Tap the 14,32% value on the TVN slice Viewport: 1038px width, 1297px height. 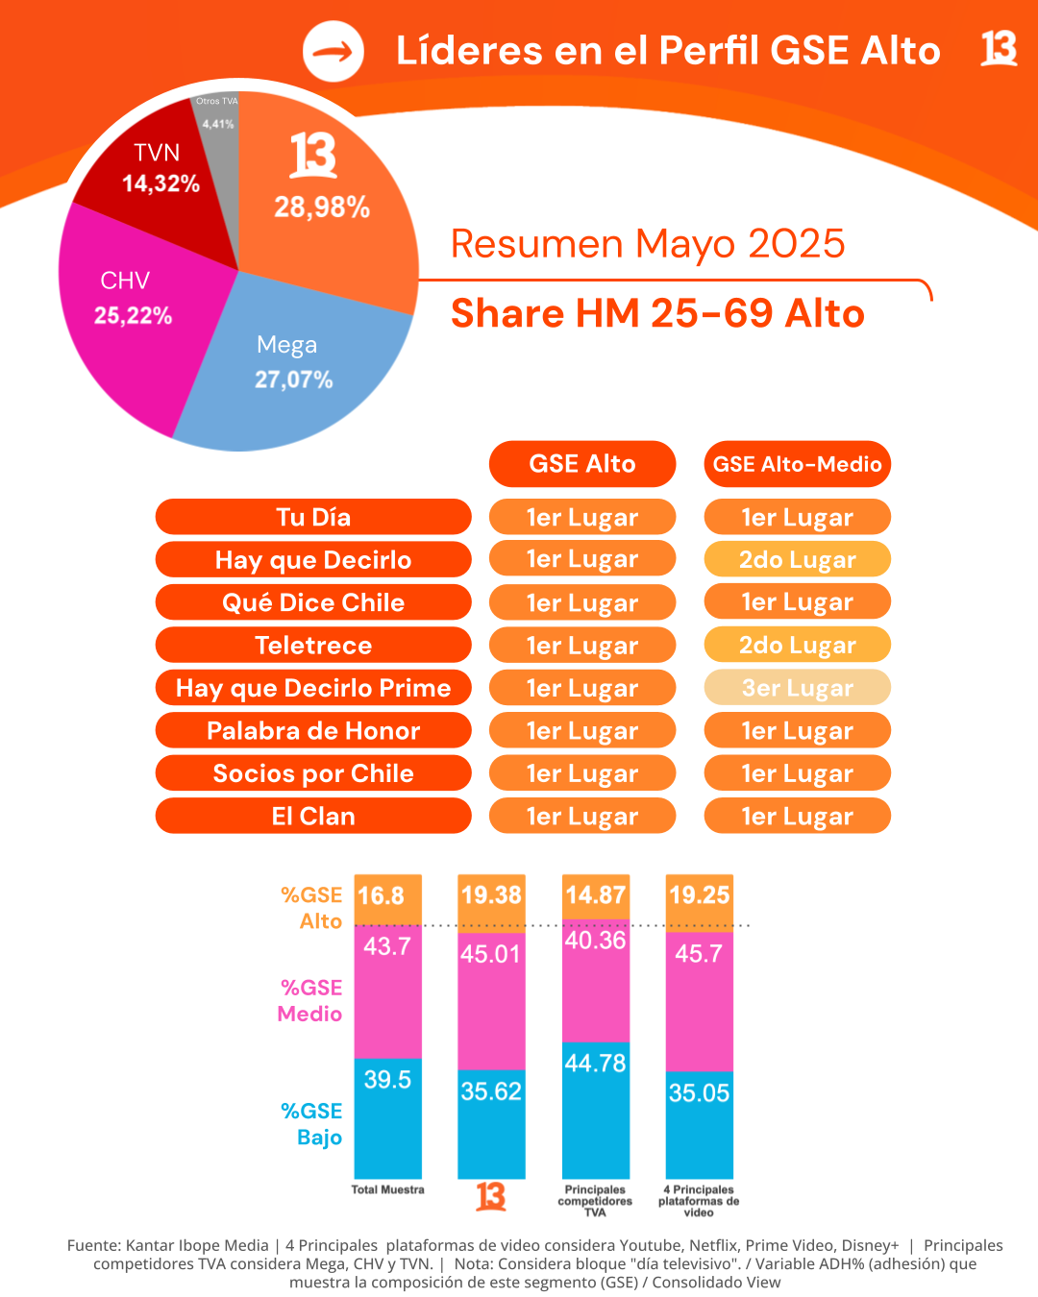click(x=161, y=184)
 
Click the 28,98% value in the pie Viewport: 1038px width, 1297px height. click(x=322, y=207)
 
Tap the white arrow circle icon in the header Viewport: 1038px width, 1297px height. click(x=334, y=52)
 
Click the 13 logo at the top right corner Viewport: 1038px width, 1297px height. click(x=999, y=48)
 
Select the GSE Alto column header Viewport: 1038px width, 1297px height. click(x=582, y=464)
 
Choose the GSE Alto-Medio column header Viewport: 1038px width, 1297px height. click(x=797, y=464)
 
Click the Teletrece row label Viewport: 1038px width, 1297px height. click(x=313, y=646)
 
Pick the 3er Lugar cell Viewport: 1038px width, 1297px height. click(x=797, y=688)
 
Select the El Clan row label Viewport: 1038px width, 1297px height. click(x=313, y=817)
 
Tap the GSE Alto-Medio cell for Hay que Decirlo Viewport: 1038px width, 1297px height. click(x=797, y=560)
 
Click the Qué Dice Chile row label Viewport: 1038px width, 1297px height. click(x=313, y=602)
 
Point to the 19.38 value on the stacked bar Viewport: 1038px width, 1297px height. click(x=491, y=895)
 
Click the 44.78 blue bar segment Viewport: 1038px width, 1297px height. click(x=595, y=1105)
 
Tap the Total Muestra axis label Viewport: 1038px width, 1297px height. click(x=387, y=1189)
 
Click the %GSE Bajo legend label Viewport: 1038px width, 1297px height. click(x=311, y=1124)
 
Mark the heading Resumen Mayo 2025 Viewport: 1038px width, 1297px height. click(x=648, y=244)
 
